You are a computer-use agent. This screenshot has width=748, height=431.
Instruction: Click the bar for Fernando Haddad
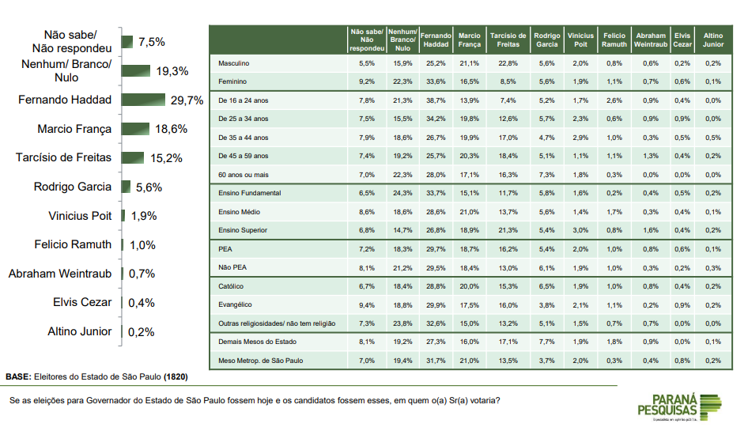tap(145, 100)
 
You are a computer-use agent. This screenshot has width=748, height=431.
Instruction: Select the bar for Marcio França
tap(135, 129)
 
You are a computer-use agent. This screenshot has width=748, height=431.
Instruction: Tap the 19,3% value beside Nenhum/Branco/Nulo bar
tap(172, 71)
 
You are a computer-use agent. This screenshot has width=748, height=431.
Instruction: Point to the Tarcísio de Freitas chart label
tap(63, 157)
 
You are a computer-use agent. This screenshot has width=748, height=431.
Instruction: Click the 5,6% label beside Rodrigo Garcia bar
tap(148, 187)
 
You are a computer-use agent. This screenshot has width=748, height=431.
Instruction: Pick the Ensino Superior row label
tap(244, 230)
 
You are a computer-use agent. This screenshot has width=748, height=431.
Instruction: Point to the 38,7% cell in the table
tap(435, 100)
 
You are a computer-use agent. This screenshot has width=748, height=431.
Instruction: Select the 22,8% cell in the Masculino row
tap(508, 62)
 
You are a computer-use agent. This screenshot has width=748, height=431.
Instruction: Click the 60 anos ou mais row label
tap(244, 174)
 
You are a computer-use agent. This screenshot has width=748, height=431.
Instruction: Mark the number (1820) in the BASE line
tap(175, 376)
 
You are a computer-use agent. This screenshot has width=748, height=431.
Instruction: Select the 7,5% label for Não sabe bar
tap(151, 42)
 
